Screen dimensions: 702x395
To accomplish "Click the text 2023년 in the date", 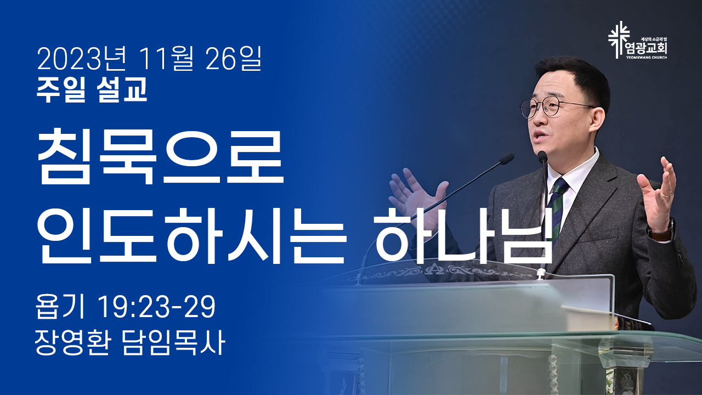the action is coord(82,59).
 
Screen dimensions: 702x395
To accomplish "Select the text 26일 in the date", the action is coord(234,59).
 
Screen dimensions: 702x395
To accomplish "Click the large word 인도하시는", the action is coord(192,236).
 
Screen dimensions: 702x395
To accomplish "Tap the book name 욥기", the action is coord(60,307).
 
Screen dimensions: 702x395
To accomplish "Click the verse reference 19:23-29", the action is coord(157,307).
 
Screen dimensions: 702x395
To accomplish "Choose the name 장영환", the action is coord(72,343).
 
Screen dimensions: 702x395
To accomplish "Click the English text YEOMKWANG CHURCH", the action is coord(647,58).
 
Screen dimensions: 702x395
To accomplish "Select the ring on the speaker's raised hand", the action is coord(666,195).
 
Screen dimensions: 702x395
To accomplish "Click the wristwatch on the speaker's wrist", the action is coord(661,230).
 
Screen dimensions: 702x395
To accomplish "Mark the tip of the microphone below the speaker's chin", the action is coord(542,156).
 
